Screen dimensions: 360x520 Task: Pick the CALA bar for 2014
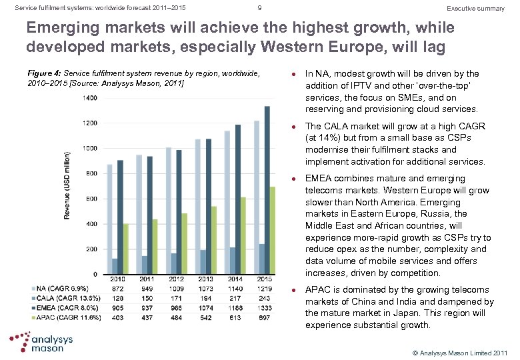coord(231,261)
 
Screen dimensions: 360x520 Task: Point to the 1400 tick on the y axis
coord(89,98)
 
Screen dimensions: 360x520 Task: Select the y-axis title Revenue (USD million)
coord(67,186)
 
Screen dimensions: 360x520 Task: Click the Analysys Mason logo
coord(45,343)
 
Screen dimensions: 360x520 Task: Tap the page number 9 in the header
coord(259,8)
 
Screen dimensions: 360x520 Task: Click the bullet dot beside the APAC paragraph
coord(294,290)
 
